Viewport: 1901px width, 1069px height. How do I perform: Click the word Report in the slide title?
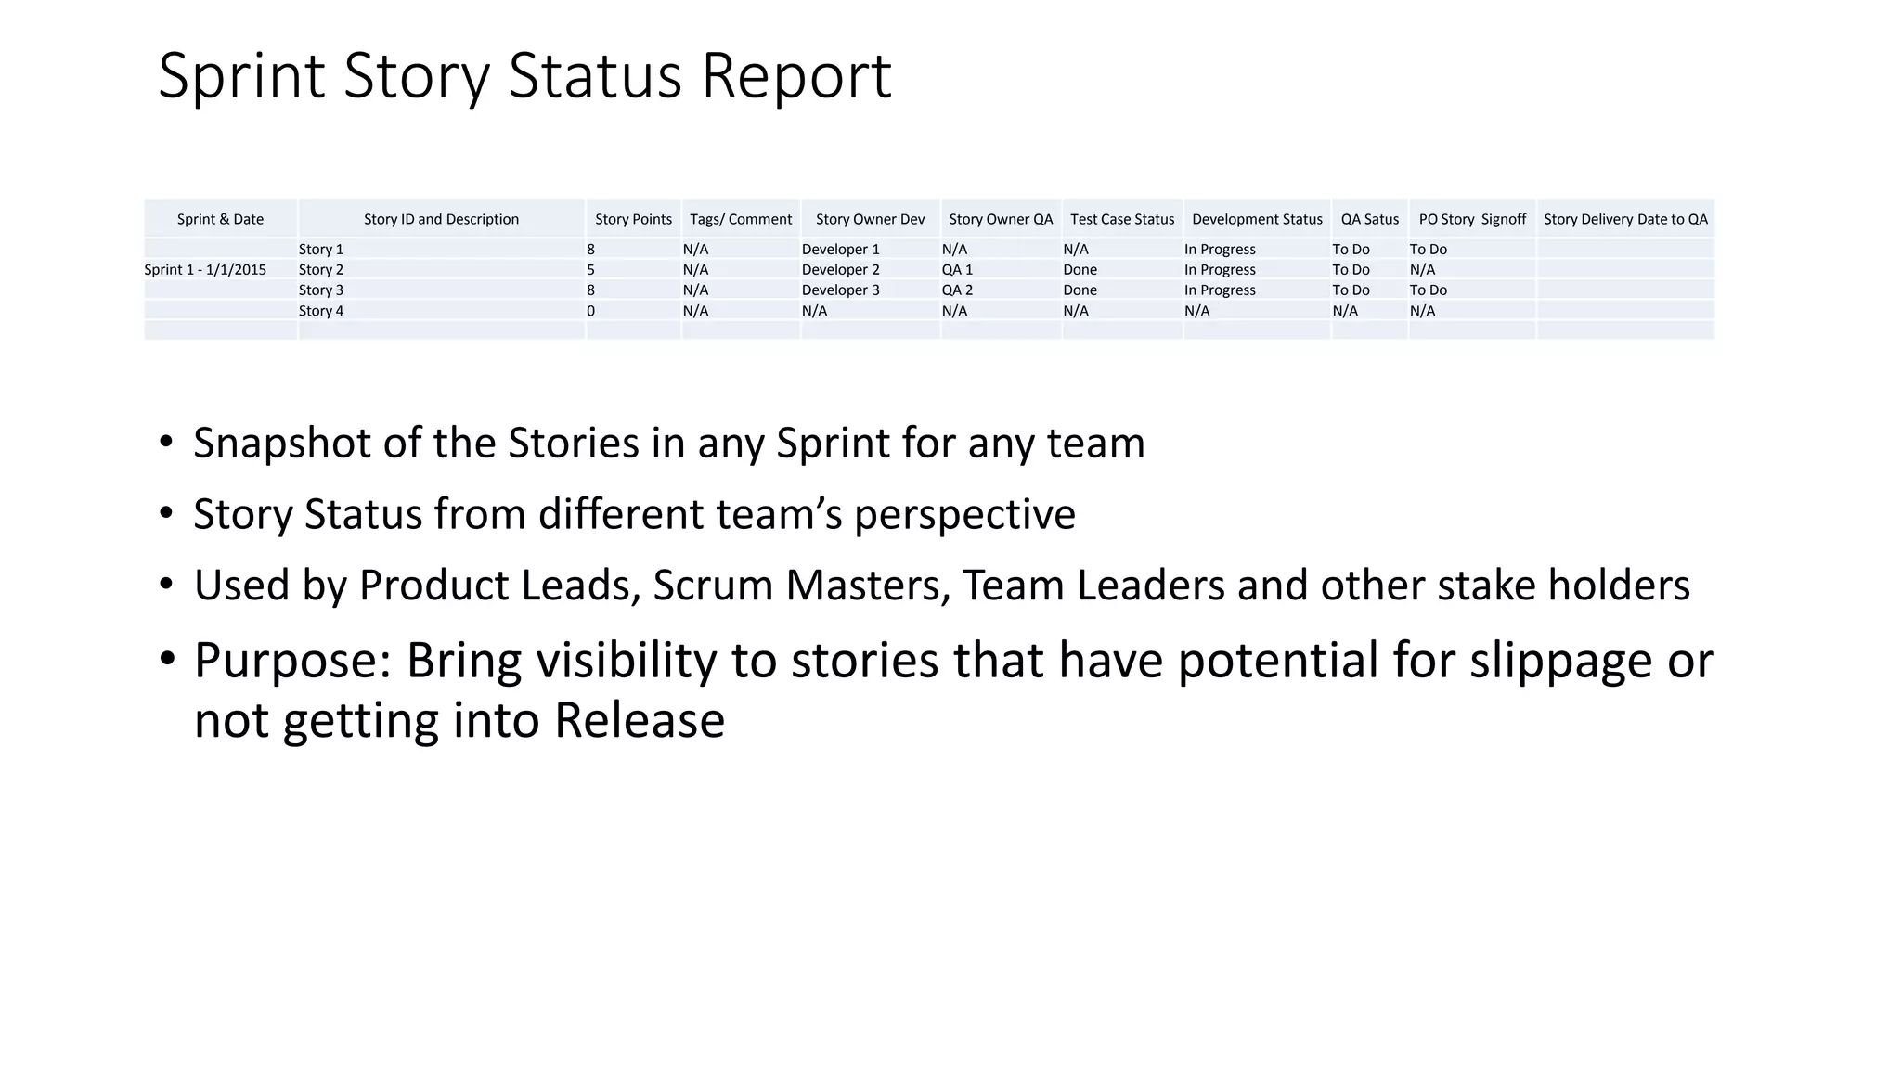click(795, 76)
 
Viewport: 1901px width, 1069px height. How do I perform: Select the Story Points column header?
click(633, 219)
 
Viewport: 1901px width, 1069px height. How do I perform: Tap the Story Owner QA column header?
click(1001, 219)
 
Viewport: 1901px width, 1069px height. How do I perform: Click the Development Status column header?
click(1257, 219)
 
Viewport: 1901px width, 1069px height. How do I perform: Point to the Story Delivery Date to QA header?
click(1625, 219)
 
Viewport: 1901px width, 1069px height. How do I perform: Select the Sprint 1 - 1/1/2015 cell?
click(205, 270)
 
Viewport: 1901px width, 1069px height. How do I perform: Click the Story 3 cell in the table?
click(321, 290)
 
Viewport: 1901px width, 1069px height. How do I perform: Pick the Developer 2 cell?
click(840, 270)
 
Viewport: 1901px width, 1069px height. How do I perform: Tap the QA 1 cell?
click(957, 270)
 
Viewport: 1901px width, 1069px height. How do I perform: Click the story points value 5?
click(591, 270)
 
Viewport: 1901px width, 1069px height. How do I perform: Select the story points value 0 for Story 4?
click(591, 311)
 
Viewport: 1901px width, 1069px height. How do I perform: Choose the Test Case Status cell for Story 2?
click(1080, 270)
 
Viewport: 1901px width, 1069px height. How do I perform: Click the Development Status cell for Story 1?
click(1220, 250)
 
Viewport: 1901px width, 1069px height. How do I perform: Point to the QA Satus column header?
click(1369, 219)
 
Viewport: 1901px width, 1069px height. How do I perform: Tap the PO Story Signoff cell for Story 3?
click(1428, 290)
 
